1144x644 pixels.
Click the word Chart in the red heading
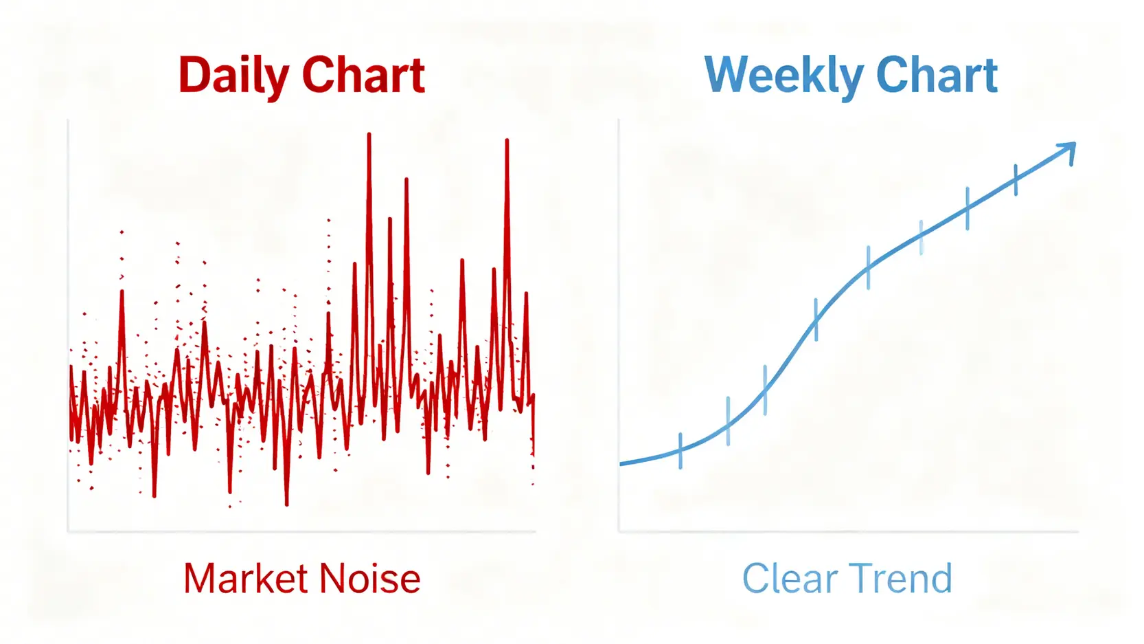click(364, 75)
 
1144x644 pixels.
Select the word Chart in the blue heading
click(937, 75)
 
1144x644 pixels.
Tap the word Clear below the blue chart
click(790, 578)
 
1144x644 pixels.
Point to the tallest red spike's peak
click(369, 134)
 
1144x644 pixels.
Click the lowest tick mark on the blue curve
click(680, 451)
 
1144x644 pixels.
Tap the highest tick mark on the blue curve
click(1016, 180)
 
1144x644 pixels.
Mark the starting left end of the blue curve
click(621, 463)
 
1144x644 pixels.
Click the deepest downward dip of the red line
click(287, 504)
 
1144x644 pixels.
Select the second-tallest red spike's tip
click(507, 140)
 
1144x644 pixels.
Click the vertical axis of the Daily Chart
click(68, 326)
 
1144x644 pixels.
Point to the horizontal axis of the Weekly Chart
click(848, 531)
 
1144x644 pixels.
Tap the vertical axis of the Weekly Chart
click(619, 326)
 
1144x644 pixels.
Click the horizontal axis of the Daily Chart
click(302, 531)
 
